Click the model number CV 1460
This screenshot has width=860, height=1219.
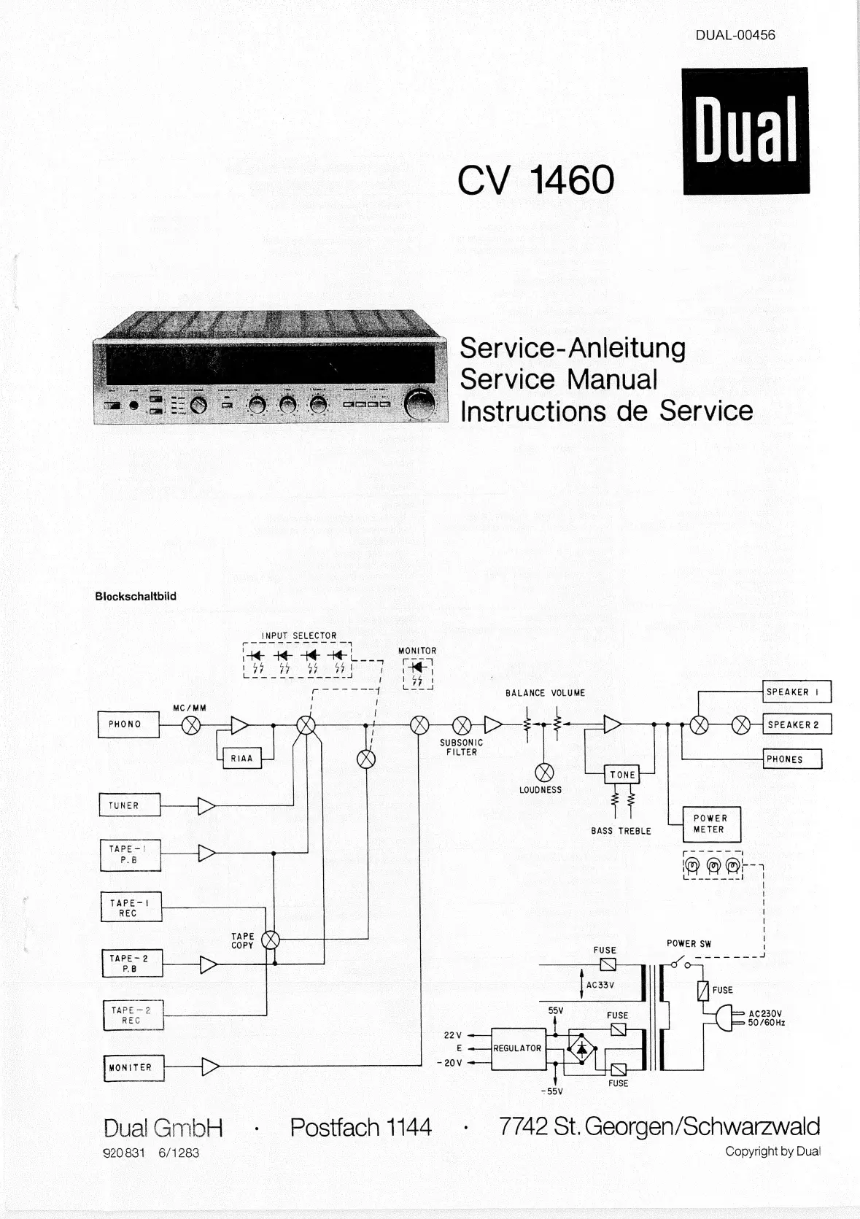point(536,179)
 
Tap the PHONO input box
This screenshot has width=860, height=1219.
point(128,724)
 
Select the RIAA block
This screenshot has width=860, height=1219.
point(241,758)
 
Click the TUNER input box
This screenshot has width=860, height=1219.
point(129,805)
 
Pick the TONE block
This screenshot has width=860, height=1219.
point(622,775)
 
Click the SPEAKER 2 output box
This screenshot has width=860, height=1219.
point(797,724)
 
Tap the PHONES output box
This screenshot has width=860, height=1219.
point(792,759)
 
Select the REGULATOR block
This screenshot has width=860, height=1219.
point(518,1048)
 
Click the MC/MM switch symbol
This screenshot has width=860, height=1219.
point(191,724)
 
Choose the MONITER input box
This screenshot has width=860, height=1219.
point(133,1067)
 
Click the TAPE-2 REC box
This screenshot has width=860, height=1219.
point(133,1015)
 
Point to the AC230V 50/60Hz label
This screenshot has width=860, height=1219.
point(766,1018)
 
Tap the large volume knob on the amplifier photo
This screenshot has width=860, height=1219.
point(419,406)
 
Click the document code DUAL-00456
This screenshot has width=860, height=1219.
point(735,34)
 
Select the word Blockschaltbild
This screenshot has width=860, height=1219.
point(136,596)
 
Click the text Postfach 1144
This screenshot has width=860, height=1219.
point(360,1127)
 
